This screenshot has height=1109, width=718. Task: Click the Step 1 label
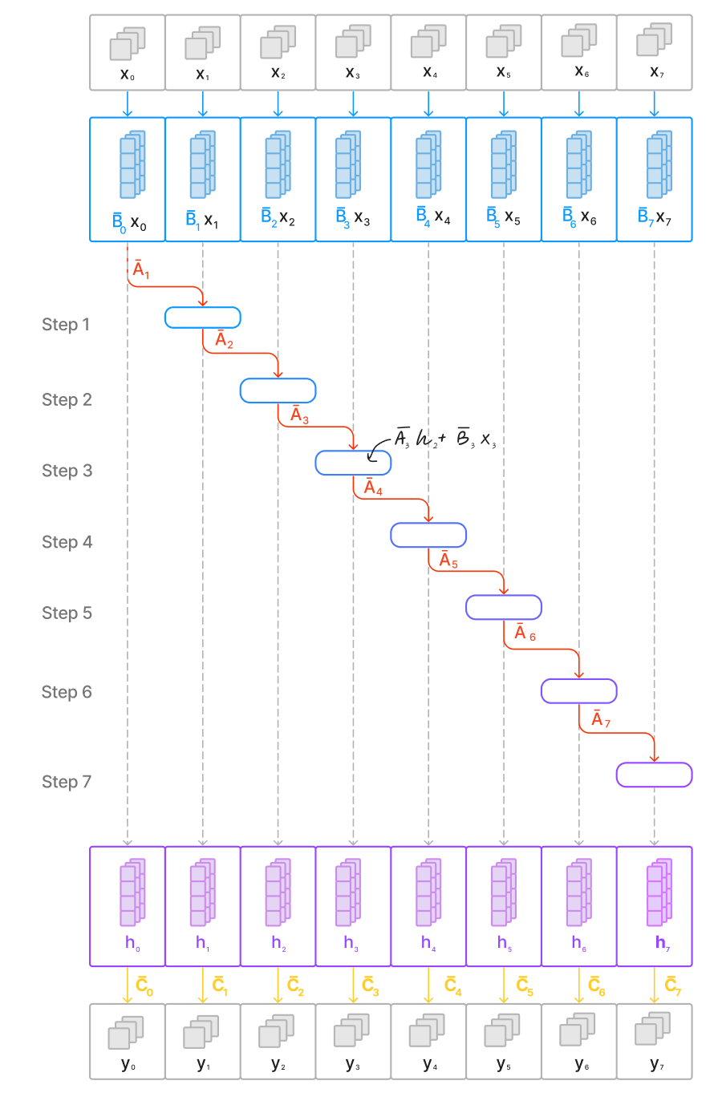coord(66,325)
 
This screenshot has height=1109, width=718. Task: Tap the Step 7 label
coord(67,782)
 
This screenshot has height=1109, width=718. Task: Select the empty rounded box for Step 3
coord(352,463)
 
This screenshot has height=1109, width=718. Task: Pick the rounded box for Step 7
coord(654,775)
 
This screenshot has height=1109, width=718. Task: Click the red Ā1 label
coord(141,270)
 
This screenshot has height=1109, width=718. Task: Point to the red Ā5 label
coord(448,561)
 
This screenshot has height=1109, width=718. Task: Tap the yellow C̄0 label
coord(144,986)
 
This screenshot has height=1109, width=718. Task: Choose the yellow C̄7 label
coord(672,986)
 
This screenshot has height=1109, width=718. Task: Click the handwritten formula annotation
coord(444,439)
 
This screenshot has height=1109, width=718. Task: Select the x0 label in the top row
coord(127,74)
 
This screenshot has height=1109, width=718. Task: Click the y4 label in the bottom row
coord(429,1064)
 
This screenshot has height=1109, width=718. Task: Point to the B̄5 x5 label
coord(503,217)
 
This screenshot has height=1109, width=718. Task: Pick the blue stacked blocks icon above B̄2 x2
coord(278,164)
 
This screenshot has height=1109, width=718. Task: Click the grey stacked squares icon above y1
coord(201,1032)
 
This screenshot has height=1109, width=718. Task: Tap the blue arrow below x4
coord(428,103)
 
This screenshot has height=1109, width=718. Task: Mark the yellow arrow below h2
coord(278,986)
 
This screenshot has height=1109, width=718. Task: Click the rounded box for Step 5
coord(503,607)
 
